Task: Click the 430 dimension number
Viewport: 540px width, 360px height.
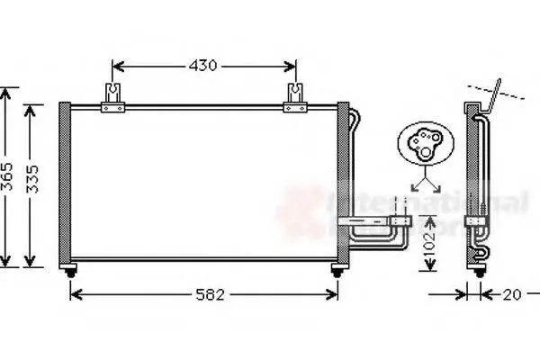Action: pyautogui.click(x=204, y=67)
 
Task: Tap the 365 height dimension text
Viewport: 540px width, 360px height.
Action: pyautogui.click(x=7, y=177)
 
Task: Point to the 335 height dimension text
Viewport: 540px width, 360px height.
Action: pyautogui.click(x=33, y=177)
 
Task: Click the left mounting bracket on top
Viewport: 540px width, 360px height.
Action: pyautogui.click(x=112, y=98)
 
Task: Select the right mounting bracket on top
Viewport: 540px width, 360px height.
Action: pyautogui.click(x=295, y=98)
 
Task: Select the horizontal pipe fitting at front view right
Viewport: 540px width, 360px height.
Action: pyautogui.click(x=373, y=220)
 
